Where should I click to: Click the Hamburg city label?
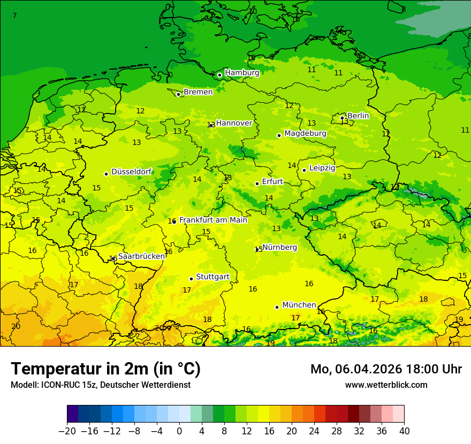[242, 73]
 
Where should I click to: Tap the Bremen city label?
[198, 92]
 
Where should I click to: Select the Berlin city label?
[358, 116]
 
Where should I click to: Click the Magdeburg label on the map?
[305, 133]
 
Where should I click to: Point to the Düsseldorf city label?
[131, 172]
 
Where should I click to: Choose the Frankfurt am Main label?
[213, 220]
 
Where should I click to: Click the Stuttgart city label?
[212, 277]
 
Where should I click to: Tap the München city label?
[299, 305]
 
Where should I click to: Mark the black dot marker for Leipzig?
[304, 170]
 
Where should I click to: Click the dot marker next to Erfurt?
[257, 183]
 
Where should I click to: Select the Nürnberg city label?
[279, 247]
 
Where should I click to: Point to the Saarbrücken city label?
[141, 256]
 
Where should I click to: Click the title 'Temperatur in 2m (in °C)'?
[105, 369]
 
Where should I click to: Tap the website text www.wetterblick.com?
[386, 385]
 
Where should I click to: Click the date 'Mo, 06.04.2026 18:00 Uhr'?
[386, 369]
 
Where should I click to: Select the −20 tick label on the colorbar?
[67, 431]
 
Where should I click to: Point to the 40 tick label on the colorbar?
[404, 431]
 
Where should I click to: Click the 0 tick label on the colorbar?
[179, 431]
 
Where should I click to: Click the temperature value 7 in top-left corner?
[14, 16]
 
